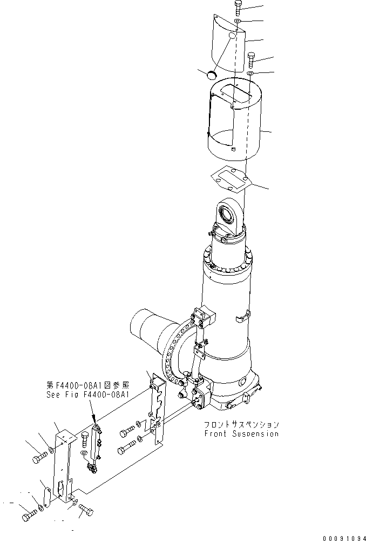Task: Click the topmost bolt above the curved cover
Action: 239,8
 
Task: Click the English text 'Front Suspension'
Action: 241,433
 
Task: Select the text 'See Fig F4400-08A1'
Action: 87,395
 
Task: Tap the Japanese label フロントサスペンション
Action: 241,425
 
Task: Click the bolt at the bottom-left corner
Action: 29,517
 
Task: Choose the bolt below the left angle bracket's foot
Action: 85,509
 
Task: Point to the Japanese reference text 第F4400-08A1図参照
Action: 87,385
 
